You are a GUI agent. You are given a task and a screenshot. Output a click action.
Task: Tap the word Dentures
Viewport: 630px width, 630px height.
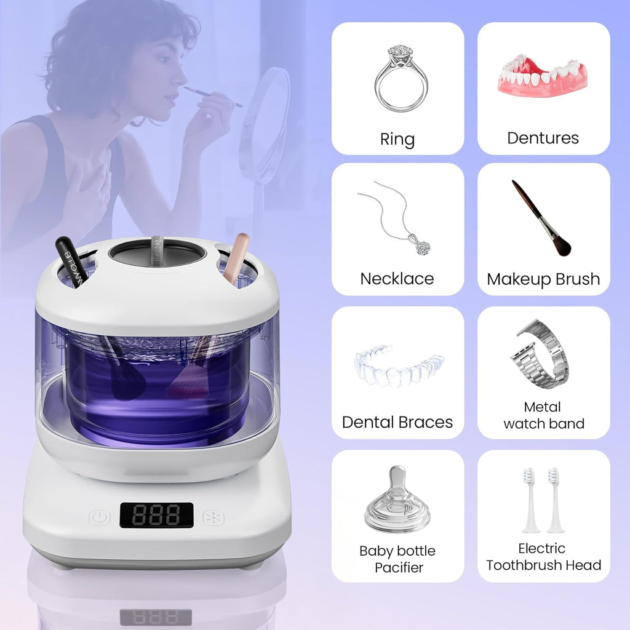click(x=543, y=138)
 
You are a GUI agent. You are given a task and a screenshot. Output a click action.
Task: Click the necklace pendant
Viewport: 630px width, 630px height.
click(x=423, y=247)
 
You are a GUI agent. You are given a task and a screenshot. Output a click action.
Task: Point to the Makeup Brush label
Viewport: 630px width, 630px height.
click(x=543, y=279)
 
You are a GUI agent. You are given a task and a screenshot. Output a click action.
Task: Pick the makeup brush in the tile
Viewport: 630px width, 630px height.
click(x=541, y=218)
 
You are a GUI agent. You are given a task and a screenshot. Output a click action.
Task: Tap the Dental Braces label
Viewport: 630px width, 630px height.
click(x=397, y=422)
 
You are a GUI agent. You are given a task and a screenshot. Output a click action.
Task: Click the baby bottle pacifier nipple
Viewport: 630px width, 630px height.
click(x=397, y=498)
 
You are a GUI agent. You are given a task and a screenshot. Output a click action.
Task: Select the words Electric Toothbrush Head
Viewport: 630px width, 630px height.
click(x=543, y=557)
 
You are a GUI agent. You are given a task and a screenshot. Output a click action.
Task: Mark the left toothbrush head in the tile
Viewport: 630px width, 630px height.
click(x=530, y=500)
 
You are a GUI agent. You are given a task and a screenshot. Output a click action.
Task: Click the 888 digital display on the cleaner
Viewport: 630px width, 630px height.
click(x=156, y=515)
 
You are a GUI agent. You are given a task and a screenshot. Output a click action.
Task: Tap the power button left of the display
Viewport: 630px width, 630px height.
click(x=100, y=517)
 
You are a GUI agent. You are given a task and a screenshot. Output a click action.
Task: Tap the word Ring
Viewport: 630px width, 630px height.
click(x=397, y=139)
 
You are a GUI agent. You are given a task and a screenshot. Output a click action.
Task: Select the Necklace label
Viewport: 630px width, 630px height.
click(x=397, y=279)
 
